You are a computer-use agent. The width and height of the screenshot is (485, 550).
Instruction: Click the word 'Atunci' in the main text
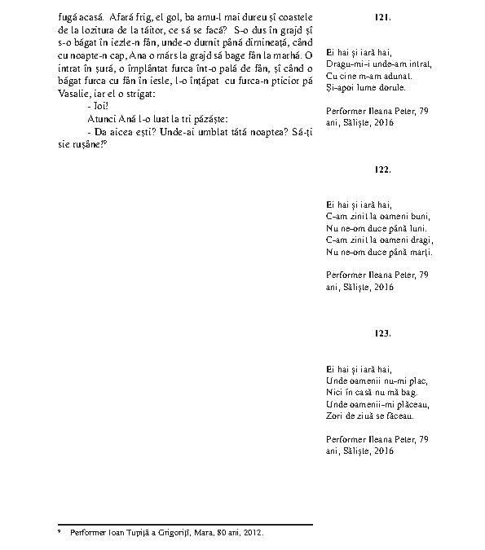coord(99,118)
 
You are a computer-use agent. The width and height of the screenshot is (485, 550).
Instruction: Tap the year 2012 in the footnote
coord(254,532)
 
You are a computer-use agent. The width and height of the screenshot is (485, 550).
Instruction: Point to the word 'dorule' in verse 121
coord(392,86)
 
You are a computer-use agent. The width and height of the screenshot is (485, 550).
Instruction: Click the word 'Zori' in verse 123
coord(333,416)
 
